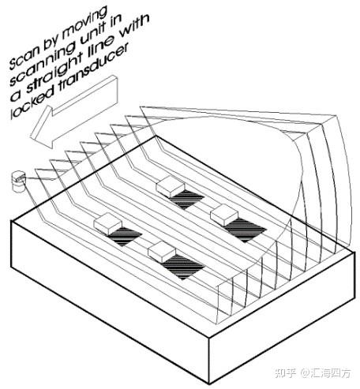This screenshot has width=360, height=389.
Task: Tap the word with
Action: [134, 29]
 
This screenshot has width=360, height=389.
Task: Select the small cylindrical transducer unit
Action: [18, 181]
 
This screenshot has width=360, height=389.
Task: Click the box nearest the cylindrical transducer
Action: [108, 224]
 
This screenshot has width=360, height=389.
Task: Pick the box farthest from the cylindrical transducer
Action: [224, 215]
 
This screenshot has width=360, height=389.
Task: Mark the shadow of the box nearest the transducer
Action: [124, 236]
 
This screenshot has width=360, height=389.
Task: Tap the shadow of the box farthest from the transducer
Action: [246, 230]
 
